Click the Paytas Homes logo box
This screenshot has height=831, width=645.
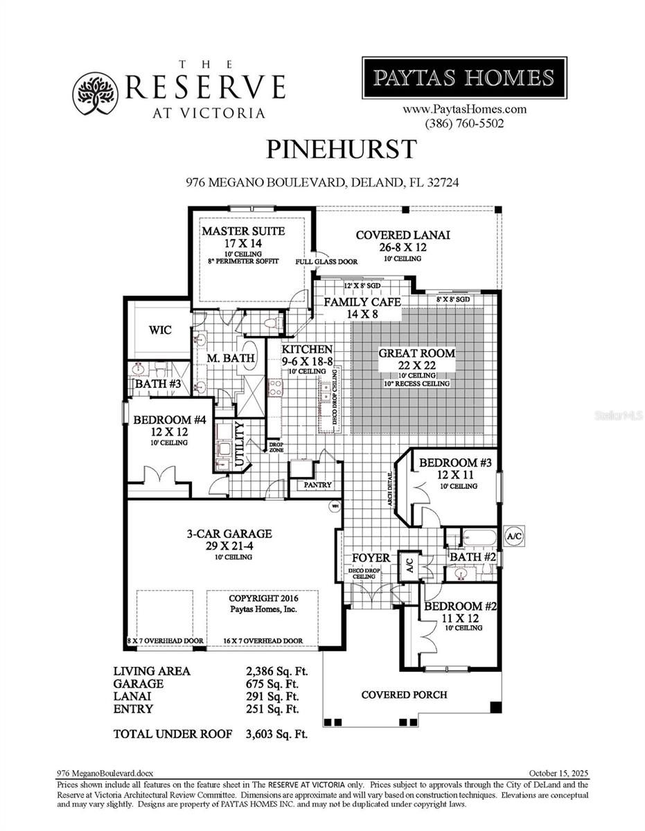[x=464, y=78]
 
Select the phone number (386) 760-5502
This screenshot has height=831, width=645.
[x=464, y=123]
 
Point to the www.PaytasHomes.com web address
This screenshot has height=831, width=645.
[x=464, y=109]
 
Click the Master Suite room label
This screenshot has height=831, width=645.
[x=243, y=231]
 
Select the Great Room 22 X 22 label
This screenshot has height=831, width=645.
[x=416, y=353]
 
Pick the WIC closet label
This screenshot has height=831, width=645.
[x=160, y=330]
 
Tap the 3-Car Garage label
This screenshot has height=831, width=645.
[x=229, y=534]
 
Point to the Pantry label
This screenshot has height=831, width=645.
[x=318, y=485]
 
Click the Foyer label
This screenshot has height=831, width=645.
[x=371, y=558]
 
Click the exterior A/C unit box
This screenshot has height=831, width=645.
[x=514, y=536]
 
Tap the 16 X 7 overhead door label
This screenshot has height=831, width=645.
[x=263, y=641]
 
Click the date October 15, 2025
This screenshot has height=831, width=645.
[x=558, y=773]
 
